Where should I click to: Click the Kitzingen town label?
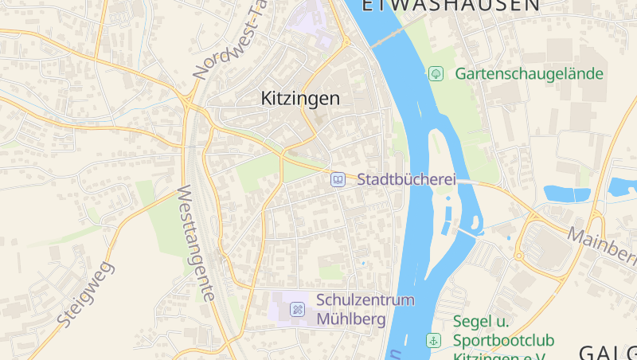point(300,99)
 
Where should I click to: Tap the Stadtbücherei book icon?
point(338,180)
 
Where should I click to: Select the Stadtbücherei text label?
point(406,180)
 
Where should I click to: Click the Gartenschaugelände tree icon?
point(436,74)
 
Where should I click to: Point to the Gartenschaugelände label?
point(529,74)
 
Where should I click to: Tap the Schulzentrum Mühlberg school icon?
point(297,309)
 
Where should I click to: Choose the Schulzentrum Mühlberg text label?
point(365,310)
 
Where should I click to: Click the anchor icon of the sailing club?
point(434,340)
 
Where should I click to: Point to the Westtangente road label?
point(196,243)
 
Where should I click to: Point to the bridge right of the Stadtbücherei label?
point(468,182)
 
